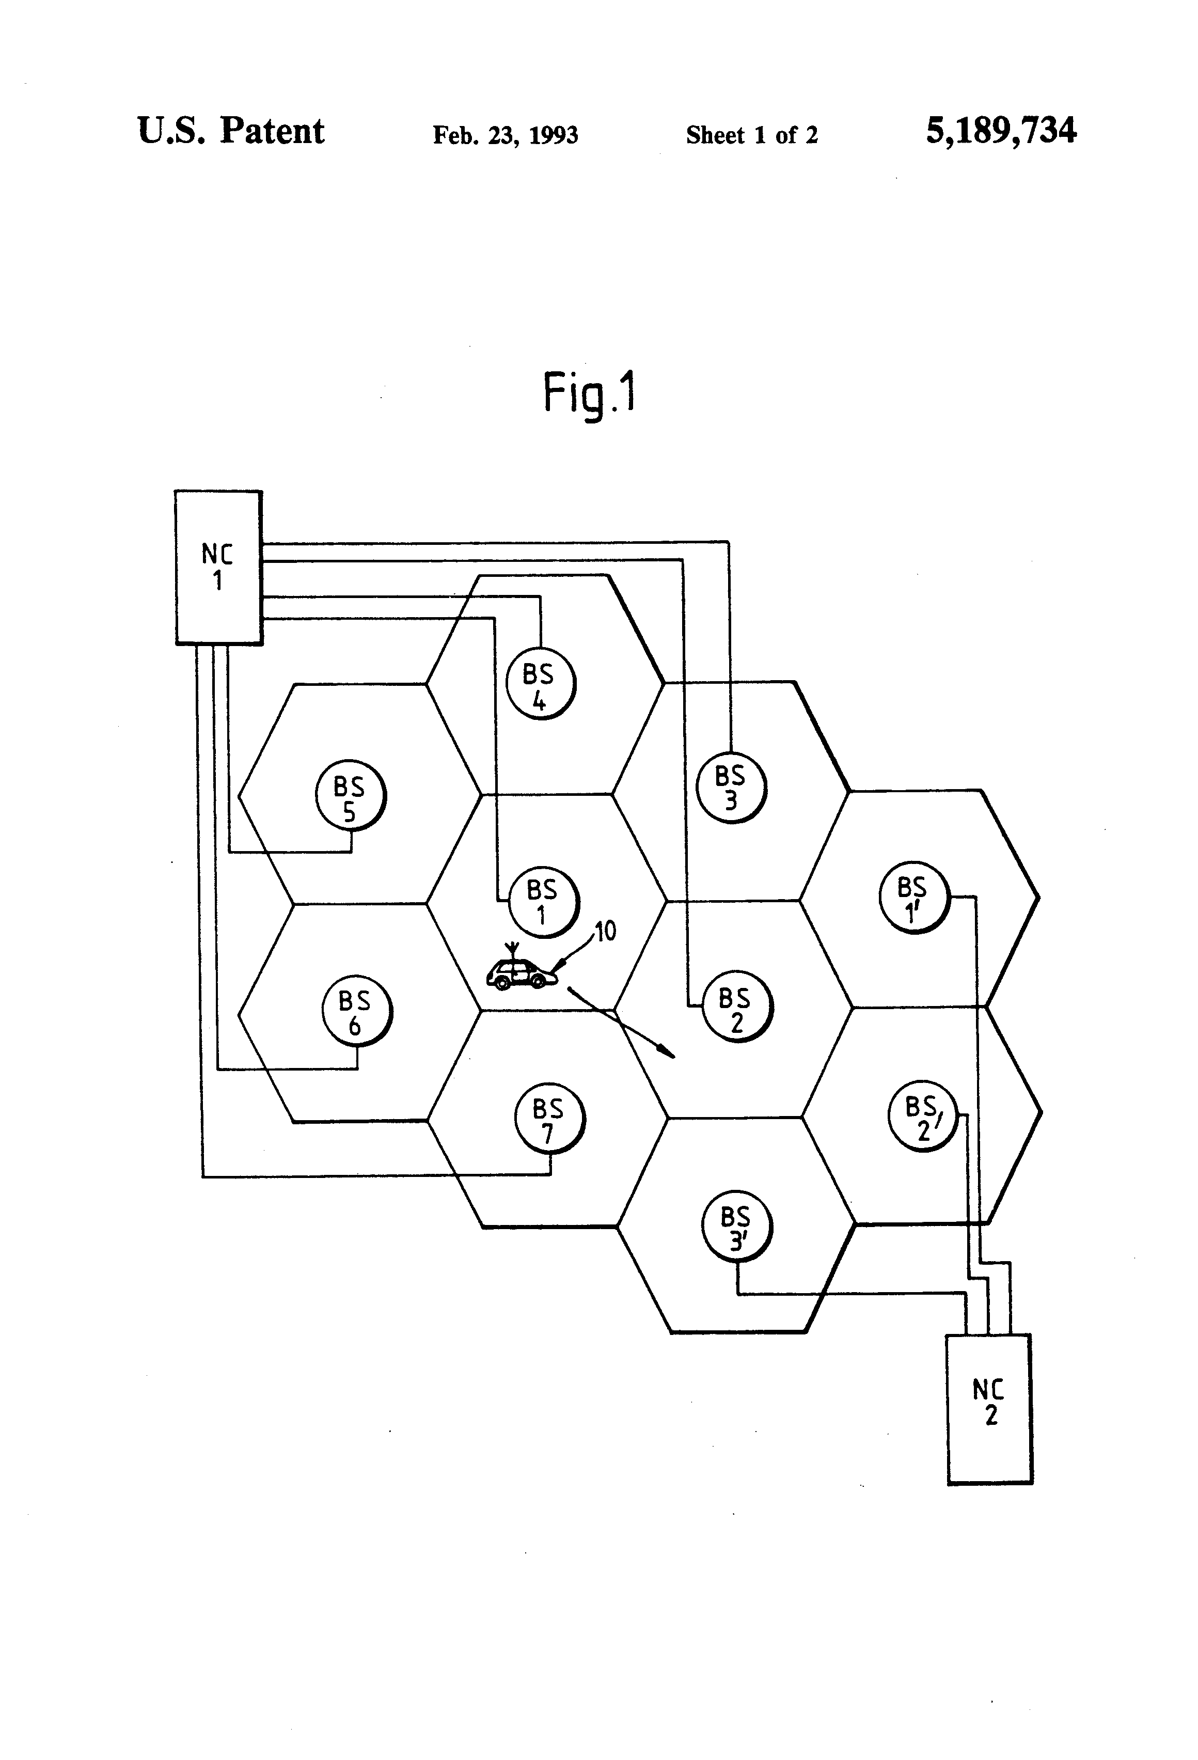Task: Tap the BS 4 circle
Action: click(540, 684)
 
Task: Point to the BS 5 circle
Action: click(351, 797)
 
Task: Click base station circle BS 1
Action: click(543, 901)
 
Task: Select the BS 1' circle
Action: click(914, 898)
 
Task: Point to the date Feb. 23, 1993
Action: click(505, 135)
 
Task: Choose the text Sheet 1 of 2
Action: click(751, 135)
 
